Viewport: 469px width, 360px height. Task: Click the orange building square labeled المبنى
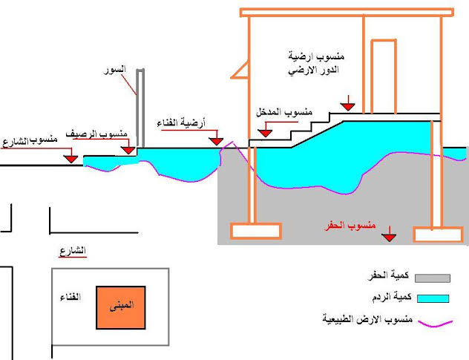(119, 306)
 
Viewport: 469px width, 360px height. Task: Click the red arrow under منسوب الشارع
(71, 158)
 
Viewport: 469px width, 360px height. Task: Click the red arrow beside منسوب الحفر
(388, 237)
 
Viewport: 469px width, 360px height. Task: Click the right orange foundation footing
(437, 235)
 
